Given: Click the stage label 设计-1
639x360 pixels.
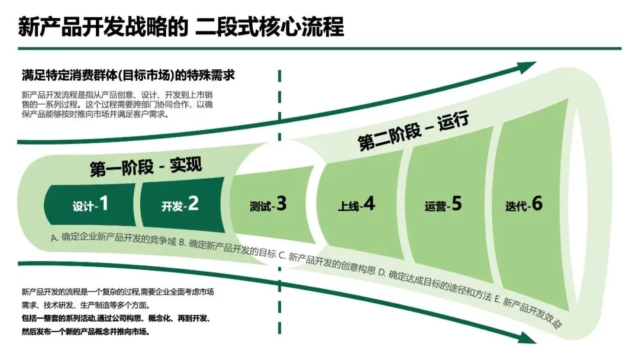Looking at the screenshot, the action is coord(91,205).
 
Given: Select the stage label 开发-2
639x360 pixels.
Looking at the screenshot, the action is coord(180,205).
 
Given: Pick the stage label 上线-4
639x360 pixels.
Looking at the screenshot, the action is coord(356,205).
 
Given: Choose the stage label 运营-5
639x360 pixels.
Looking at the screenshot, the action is coord(443,205).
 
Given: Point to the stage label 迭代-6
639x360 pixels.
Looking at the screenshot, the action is coord(524,205).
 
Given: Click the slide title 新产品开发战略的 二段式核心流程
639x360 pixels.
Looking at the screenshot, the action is coord(181,27).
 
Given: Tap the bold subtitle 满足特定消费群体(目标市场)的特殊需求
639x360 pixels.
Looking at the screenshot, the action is coord(128,76).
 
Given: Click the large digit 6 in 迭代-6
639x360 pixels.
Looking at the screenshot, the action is coord(537,203).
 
